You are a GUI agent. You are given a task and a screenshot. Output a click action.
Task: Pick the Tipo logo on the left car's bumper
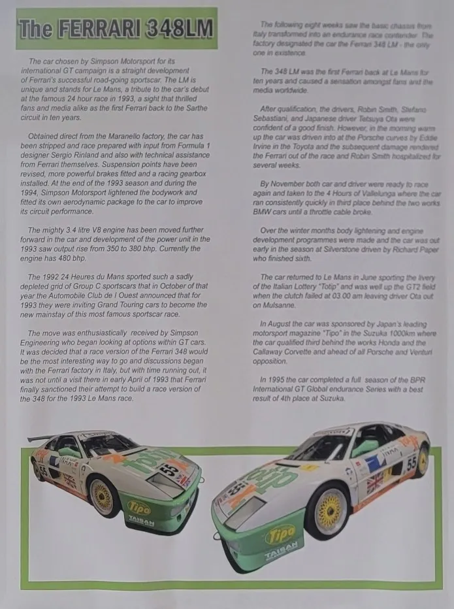click(x=138, y=507)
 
